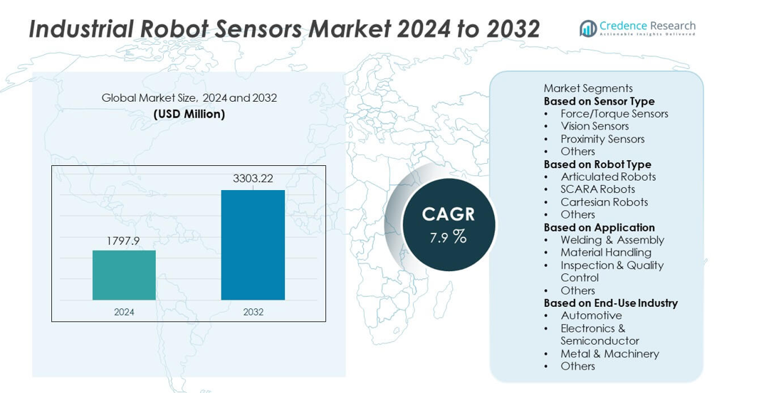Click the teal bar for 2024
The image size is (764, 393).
click(124, 275)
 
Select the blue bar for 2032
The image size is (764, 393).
click(253, 245)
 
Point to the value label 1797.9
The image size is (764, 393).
click(124, 241)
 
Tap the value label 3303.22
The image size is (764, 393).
click(253, 179)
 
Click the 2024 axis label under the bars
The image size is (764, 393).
click(124, 312)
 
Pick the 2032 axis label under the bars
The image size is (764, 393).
click(253, 312)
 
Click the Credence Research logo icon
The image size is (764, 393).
click(588, 28)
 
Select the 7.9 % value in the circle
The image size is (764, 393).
click(448, 237)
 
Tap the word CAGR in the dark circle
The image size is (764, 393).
click(448, 214)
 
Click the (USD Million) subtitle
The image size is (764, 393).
click(189, 114)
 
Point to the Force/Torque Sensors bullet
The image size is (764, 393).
click(614, 114)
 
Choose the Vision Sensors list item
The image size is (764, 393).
click(595, 126)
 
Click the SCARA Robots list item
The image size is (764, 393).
click(597, 189)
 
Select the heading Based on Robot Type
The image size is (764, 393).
click(597, 164)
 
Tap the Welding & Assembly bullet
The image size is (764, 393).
click(612, 240)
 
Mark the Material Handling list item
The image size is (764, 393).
click(605, 252)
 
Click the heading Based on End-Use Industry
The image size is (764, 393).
click(610, 303)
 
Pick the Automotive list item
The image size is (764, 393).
click(591, 315)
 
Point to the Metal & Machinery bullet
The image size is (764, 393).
click(609, 354)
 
